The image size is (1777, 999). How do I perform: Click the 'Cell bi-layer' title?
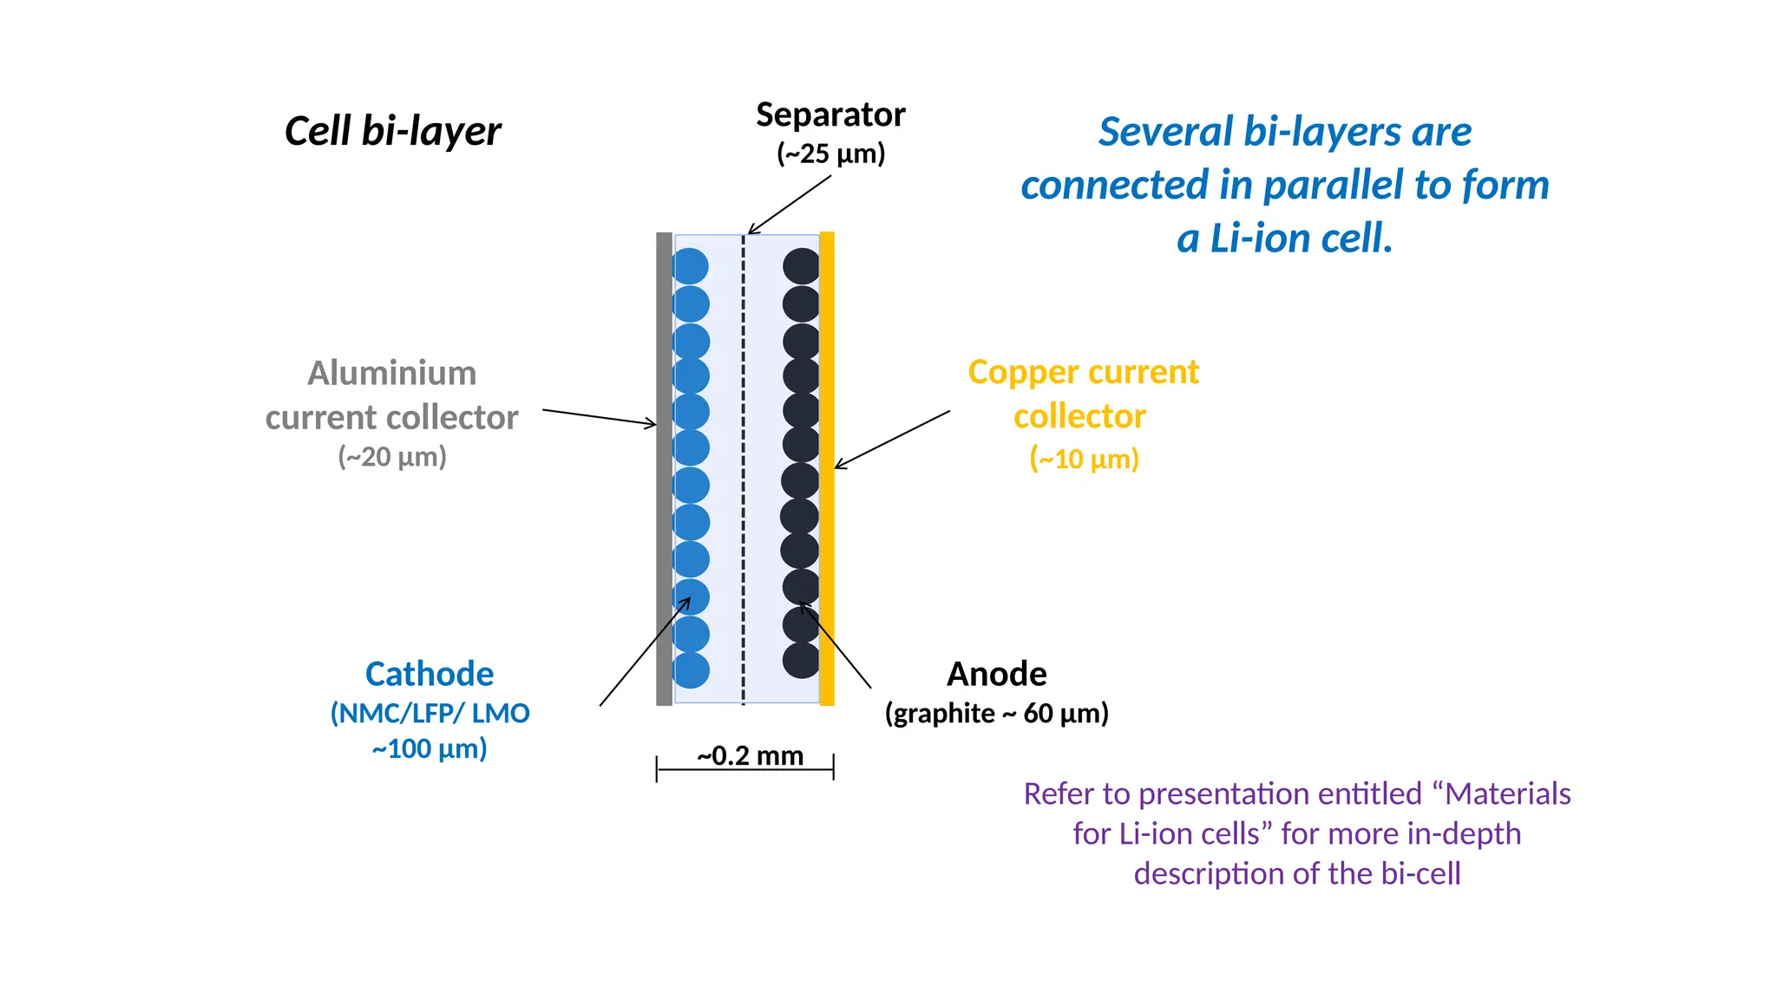[x=392, y=132]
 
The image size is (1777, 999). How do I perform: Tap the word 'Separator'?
[x=830, y=115]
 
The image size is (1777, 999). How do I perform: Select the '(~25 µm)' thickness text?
[x=830, y=153]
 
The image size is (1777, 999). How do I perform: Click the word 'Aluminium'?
[x=392, y=373]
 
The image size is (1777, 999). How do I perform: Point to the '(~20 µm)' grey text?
[x=392, y=457]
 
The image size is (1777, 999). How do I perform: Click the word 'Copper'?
[x=1028, y=373]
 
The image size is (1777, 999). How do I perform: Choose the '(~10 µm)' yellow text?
[x=1084, y=459]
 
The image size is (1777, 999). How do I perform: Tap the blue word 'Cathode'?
[x=429, y=674]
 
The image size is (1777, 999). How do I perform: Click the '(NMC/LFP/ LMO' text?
[x=429, y=713]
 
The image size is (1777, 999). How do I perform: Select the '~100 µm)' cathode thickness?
[x=429, y=748]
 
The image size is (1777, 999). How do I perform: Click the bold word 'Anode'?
[x=996, y=674]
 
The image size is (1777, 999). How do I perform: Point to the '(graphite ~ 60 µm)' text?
[x=996, y=714]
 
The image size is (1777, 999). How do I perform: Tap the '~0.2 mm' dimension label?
[x=751, y=755]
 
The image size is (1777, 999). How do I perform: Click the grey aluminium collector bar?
[x=665, y=468]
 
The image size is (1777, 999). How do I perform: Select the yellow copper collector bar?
[x=827, y=468]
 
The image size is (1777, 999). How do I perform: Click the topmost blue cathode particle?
[x=691, y=266]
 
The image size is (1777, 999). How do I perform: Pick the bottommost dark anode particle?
[x=801, y=660]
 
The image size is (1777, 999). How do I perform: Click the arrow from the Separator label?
[x=790, y=205]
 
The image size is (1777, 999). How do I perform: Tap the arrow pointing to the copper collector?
[x=892, y=440]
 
